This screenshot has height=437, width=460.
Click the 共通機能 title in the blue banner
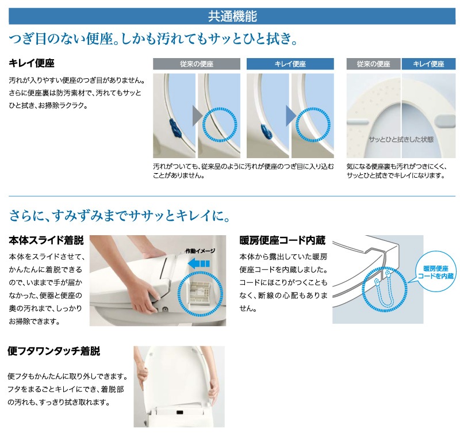(232, 16)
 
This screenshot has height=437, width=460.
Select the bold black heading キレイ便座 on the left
(32, 63)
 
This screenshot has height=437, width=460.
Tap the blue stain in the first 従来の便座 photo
(175, 128)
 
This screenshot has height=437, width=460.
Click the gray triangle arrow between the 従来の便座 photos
(197, 116)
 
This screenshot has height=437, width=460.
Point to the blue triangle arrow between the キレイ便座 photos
(291, 116)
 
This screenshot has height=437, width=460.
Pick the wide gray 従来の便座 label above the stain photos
(197, 64)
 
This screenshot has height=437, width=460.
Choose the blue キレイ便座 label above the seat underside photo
(428, 64)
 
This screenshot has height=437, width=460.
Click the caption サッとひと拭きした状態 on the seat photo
(401, 140)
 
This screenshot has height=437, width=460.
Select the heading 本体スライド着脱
(47, 240)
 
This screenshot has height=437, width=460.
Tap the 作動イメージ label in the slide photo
(200, 251)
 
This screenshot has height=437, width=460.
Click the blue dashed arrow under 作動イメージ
(198, 263)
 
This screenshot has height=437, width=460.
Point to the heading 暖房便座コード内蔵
(282, 240)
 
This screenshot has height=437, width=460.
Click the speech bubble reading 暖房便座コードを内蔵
(436, 271)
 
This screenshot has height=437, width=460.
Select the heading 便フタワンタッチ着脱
(54, 351)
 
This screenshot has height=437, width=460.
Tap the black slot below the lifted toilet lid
(179, 412)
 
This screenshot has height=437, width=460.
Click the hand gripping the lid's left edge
(142, 372)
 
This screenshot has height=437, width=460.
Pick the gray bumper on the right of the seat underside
(447, 121)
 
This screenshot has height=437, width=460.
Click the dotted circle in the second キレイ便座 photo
(313, 125)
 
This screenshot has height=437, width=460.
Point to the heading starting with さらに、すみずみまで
(120, 216)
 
